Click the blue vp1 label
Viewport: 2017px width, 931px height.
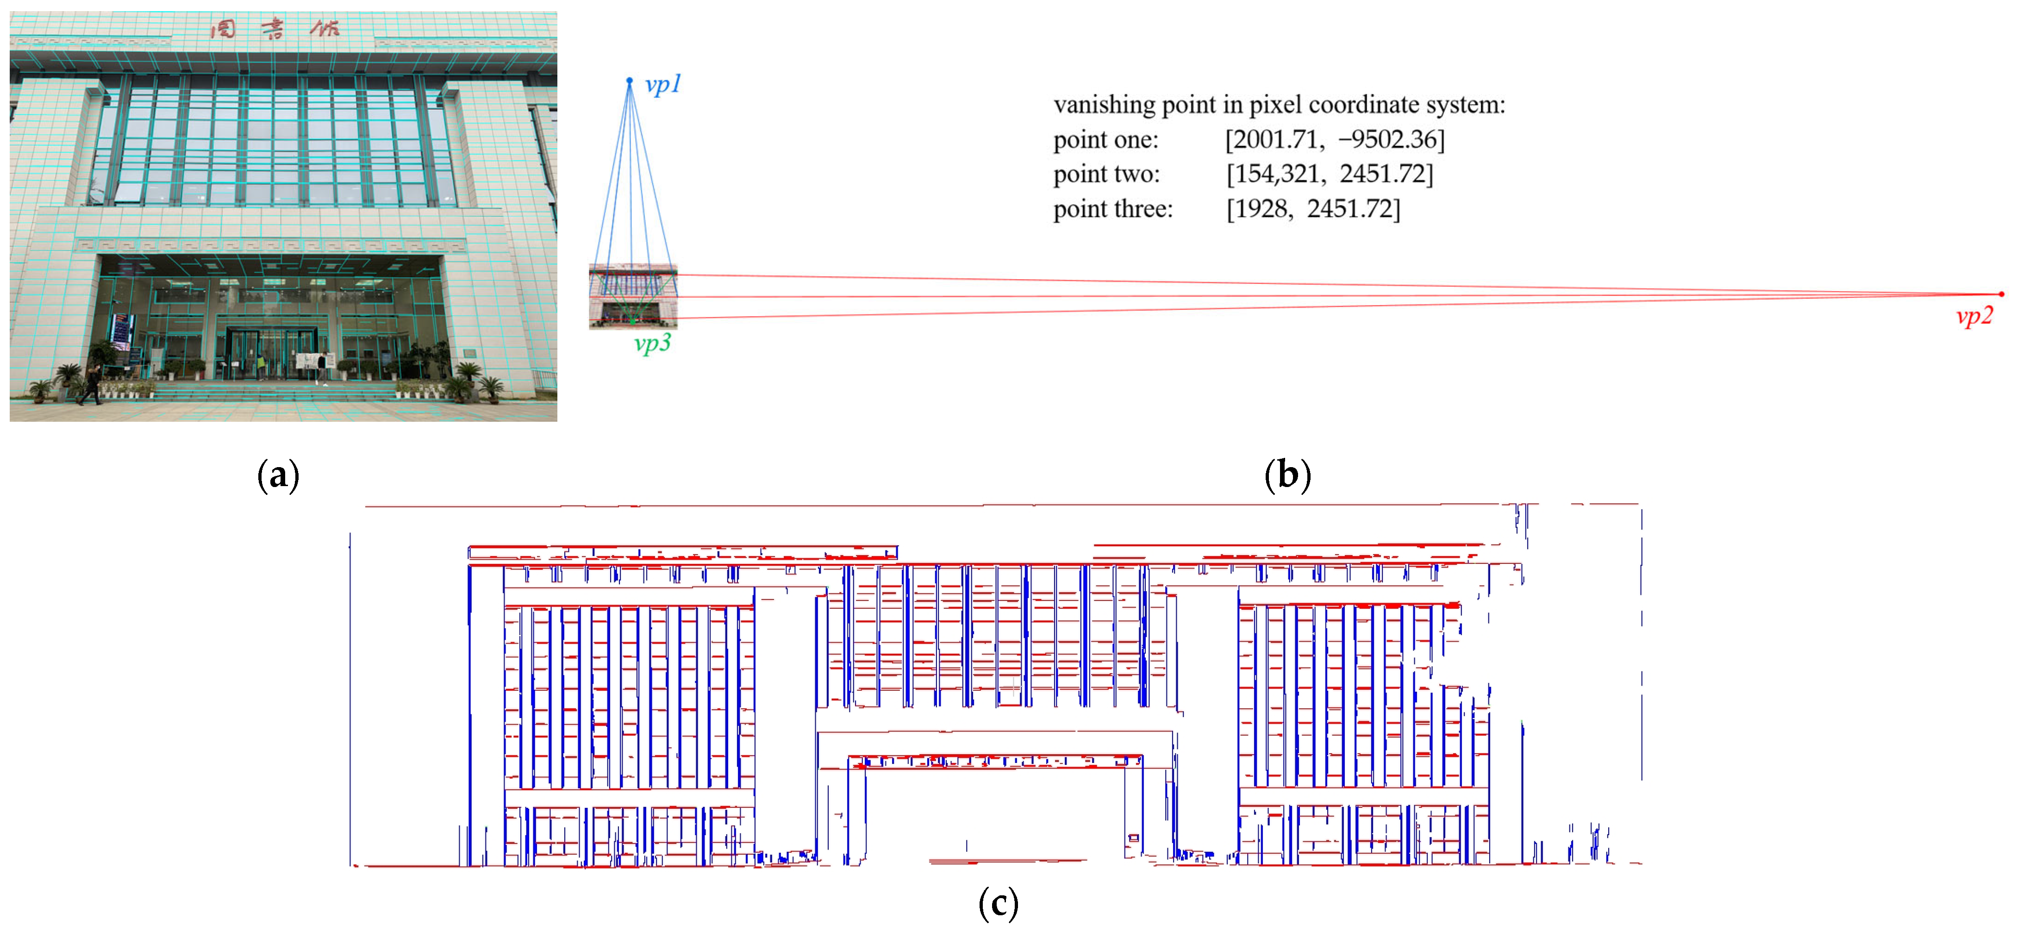tap(662, 85)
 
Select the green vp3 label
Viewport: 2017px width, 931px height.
tap(651, 343)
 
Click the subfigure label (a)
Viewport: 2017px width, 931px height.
tap(278, 475)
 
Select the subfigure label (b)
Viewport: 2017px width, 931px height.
tap(1287, 475)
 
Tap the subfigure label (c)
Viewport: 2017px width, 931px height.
tap(999, 904)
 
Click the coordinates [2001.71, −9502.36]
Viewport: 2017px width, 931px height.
tap(1334, 139)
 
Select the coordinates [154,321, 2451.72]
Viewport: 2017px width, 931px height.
tap(1329, 174)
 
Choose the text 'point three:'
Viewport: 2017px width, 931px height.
tap(1112, 209)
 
